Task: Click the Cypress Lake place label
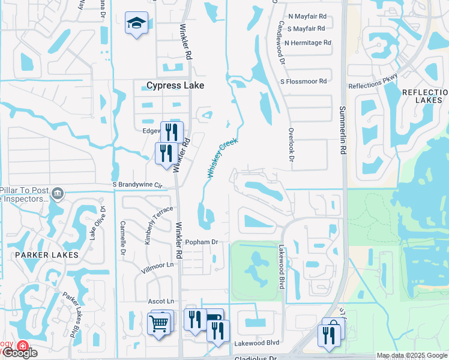175,86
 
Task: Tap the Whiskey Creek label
223,157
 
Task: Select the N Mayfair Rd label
307,17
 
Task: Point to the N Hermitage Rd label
308,43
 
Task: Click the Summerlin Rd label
343,129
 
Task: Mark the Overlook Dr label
291,143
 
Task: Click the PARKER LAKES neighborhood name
48,255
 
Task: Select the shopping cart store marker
159,323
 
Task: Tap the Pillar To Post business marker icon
58,193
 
